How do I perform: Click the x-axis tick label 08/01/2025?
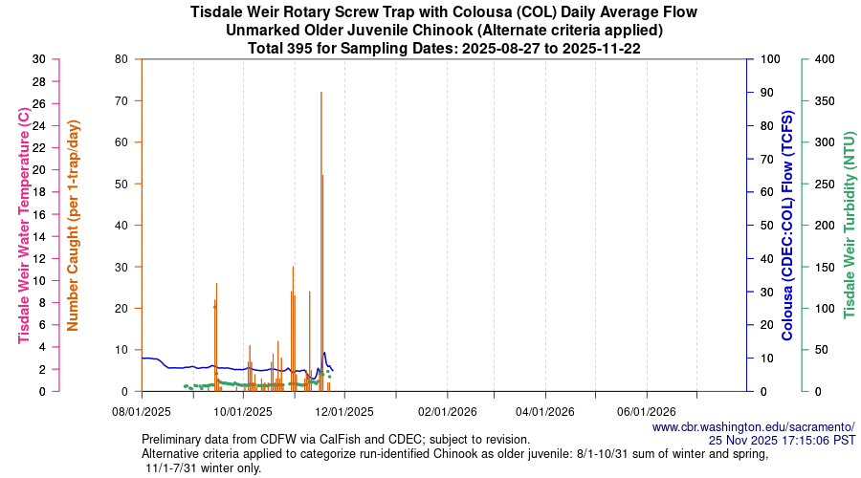tap(142, 412)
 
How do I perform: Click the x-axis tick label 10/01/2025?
tap(243, 412)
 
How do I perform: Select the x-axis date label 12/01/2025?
tap(344, 412)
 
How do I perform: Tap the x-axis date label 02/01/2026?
tap(447, 412)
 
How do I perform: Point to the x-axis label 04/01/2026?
tap(545, 412)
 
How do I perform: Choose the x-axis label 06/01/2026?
tap(647, 412)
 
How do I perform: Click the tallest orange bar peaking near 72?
tap(321, 239)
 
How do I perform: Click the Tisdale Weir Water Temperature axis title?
tap(24, 225)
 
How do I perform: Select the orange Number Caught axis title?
tap(74, 225)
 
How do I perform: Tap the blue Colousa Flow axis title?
tap(787, 225)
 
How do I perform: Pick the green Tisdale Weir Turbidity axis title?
tap(848, 225)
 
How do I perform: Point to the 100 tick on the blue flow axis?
tap(767, 59)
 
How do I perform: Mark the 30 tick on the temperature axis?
tap(38, 59)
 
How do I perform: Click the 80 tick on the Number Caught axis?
tap(121, 59)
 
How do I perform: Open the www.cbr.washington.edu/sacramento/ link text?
tap(753, 426)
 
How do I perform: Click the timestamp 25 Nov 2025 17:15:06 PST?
tap(782, 440)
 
